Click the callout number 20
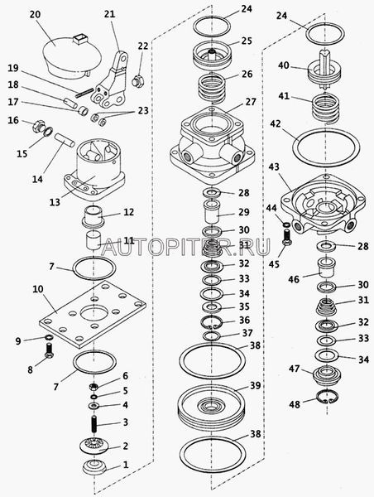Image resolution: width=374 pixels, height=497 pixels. (36, 15)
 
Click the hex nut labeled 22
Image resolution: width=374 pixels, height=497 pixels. (138, 81)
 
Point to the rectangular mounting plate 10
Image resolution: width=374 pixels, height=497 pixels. (93, 314)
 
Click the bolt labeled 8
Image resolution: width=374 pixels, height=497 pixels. (49, 350)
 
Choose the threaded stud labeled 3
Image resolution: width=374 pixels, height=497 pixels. (93, 424)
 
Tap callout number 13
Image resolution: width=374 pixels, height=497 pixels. (55, 202)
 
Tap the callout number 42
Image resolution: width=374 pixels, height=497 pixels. (276, 124)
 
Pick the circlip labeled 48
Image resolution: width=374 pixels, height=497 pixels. (328, 397)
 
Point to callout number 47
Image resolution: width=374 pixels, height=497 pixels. (295, 369)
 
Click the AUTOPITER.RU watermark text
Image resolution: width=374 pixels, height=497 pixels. (186, 247)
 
